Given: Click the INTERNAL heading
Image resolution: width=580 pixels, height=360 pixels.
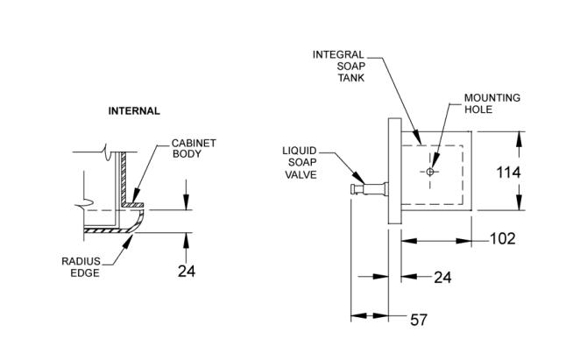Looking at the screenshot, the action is pos(134,111).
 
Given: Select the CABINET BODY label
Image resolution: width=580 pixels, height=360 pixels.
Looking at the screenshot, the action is pos(194,148).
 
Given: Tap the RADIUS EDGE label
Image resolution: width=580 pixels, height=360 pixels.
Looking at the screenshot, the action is pos(81,267).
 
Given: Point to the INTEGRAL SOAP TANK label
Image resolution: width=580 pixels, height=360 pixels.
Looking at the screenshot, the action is pos(339,67).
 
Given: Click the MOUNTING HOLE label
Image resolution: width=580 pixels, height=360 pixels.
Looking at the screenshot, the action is pos(492,103).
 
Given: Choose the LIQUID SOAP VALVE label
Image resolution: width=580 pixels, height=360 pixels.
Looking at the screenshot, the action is pos(300,163).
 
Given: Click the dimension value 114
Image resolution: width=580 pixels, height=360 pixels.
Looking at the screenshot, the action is pos(508,173).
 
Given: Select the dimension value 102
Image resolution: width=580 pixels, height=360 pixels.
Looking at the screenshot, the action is pos(502,238).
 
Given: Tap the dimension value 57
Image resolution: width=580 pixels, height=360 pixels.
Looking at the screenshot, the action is pos(419,320).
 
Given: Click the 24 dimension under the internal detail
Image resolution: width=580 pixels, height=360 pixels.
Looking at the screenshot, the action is pos(187,272).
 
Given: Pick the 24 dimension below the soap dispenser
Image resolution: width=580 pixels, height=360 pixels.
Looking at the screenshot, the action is pos(442,277).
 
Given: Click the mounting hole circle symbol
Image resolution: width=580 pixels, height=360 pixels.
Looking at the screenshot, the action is pos(430,172).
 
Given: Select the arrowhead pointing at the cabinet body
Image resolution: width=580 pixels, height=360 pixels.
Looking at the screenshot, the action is pos(136,196).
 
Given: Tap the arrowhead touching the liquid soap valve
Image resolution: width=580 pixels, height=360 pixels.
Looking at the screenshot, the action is pos(358,177).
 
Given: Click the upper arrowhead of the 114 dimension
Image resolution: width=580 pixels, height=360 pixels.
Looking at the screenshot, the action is pos(520,139).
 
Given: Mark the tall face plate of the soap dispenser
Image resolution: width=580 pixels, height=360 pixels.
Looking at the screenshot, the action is pos(394,171).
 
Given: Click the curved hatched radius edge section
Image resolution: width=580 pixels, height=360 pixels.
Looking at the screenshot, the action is pos(138,221).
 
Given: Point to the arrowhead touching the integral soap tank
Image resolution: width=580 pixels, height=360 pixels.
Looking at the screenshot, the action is pos(417,137).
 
